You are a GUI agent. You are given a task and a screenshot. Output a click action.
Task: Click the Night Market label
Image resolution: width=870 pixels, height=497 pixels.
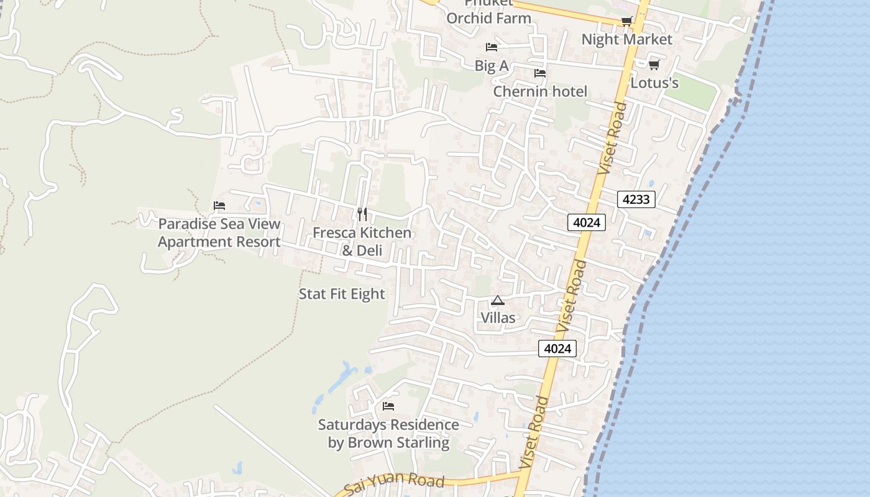pos(626,39)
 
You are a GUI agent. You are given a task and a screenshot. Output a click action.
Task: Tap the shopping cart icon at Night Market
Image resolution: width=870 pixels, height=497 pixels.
pos(626,22)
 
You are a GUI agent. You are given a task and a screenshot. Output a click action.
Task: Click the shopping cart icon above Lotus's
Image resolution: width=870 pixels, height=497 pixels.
pos(654,65)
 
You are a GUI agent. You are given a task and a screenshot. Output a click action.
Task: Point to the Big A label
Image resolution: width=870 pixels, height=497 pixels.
pos(492,65)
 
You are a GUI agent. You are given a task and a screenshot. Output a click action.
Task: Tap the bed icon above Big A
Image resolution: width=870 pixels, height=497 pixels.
pos(492,47)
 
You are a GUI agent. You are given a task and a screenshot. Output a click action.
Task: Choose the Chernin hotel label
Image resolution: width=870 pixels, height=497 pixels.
pos(539,91)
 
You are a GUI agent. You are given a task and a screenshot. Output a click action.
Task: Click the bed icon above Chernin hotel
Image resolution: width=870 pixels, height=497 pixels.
pos(539,73)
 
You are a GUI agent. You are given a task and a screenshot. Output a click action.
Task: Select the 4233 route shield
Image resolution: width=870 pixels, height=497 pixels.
pos(636,199)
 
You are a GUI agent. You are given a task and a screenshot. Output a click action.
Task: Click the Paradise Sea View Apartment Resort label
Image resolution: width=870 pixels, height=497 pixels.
pos(219,232)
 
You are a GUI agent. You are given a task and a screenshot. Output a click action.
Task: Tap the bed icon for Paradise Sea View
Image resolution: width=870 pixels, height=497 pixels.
pos(219,206)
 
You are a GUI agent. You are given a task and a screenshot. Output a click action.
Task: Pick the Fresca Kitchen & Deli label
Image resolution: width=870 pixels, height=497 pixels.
pos(362,241)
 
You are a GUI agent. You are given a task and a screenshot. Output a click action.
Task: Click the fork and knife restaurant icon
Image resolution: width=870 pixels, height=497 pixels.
pos(362,214)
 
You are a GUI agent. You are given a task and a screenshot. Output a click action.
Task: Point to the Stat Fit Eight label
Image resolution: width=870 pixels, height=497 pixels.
pos(342,294)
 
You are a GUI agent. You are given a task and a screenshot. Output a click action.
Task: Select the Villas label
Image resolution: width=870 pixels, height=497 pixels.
pos(498,317)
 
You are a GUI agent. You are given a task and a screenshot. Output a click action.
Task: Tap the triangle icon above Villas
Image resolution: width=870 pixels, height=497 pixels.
pos(498,301)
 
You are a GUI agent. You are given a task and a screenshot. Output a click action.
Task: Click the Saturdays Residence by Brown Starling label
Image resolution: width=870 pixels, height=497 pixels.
pos(388,434)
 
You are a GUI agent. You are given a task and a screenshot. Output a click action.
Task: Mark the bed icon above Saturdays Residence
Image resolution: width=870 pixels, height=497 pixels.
pos(388,407)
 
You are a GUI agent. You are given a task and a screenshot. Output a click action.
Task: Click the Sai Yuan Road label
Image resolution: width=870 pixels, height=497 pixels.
pos(394,482)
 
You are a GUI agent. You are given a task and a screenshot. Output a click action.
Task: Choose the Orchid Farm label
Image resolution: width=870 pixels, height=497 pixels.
pos(489,17)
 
